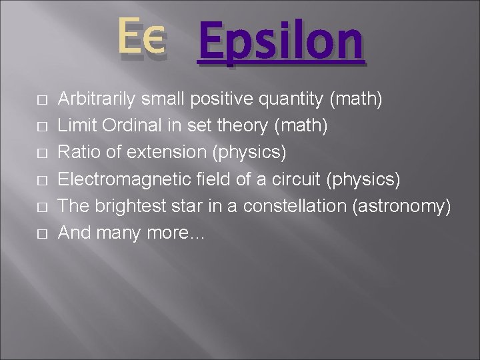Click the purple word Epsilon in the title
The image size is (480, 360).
pyautogui.click(x=281, y=43)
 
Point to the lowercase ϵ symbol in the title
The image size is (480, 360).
pyautogui.click(x=154, y=40)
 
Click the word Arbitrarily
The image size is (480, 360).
pyautogui.click(x=97, y=99)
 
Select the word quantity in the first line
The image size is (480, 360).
pyautogui.click(x=293, y=99)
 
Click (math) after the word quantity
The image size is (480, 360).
pyautogui.click(x=356, y=99)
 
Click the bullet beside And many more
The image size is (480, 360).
pyautogui.click(x=41, y=234)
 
